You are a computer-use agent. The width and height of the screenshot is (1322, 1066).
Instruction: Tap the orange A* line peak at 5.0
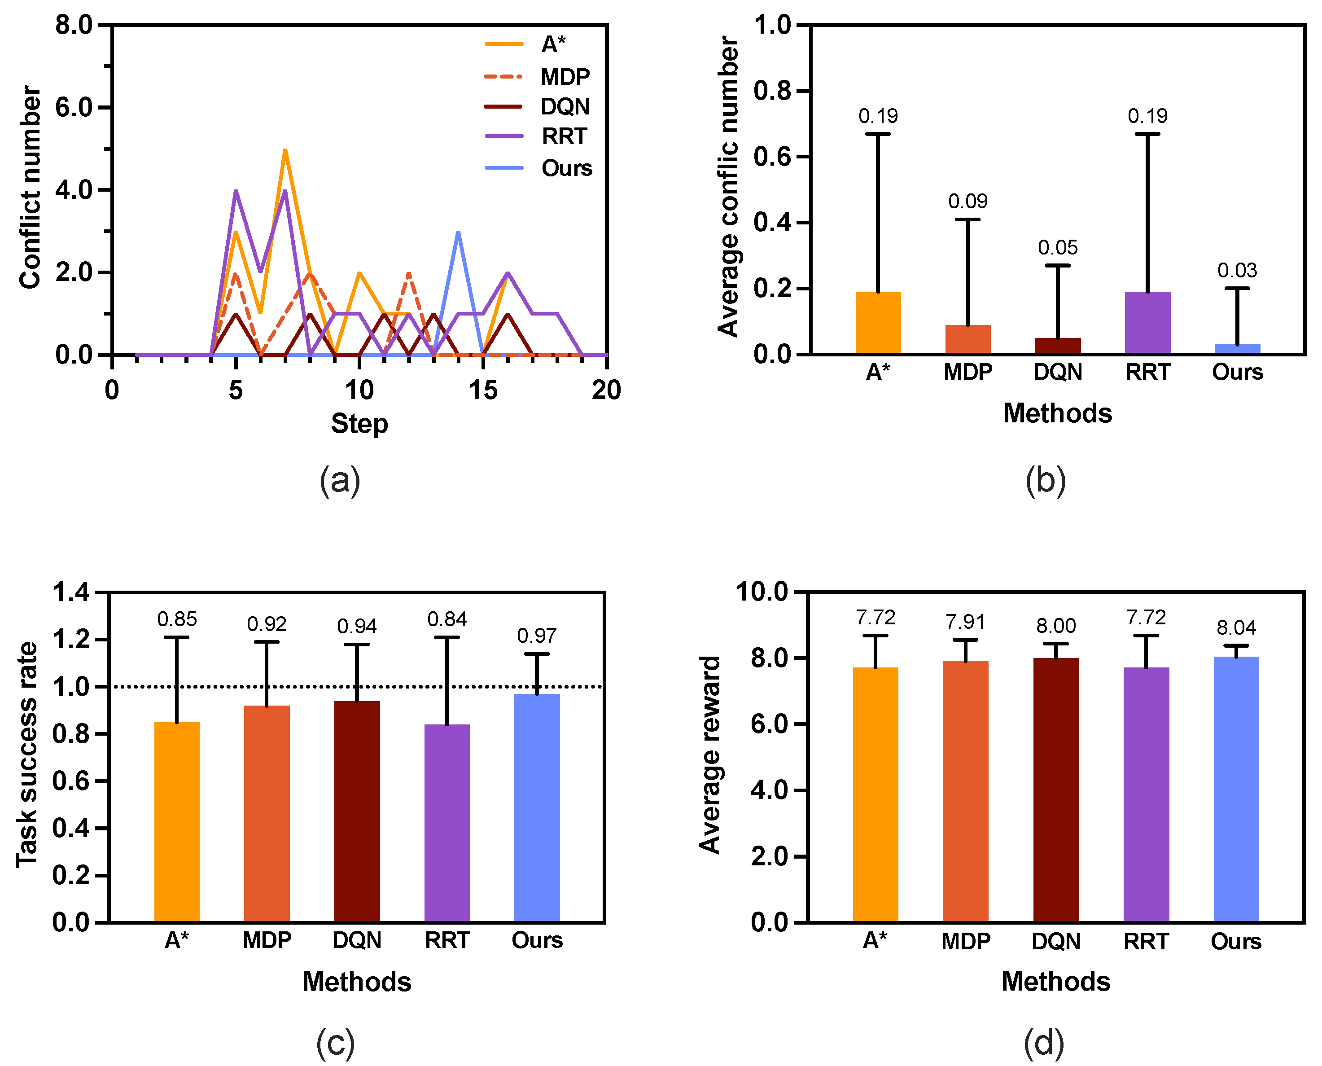coord(285,150)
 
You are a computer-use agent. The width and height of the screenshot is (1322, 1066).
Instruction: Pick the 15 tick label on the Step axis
coord(483,390)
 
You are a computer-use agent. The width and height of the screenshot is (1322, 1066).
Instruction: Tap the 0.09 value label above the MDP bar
coord(967,202)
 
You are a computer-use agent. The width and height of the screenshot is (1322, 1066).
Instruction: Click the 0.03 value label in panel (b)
coord(1237,270)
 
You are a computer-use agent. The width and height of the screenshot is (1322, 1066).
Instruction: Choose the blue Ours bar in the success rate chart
coord(537,807)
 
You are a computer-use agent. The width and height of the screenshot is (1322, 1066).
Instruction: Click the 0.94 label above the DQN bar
coord(357,626)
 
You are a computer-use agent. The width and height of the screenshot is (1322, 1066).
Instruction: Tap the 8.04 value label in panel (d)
coord(1236,627)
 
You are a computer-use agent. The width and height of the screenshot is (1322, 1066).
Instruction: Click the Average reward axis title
coord(710,755)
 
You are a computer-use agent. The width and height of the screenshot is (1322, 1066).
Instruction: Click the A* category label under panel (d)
coord(875,941)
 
